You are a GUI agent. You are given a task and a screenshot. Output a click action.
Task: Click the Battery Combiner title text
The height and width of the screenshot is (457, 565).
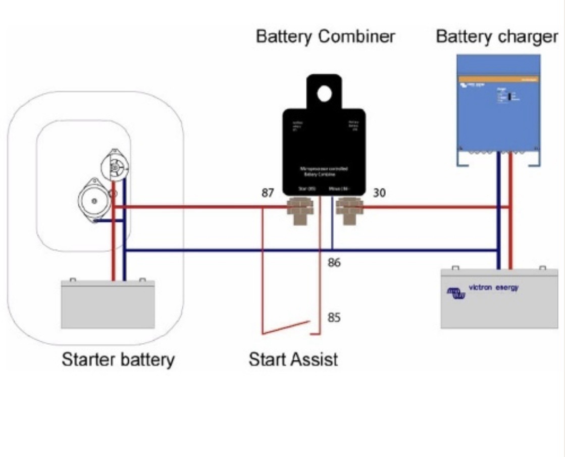coord(325,37)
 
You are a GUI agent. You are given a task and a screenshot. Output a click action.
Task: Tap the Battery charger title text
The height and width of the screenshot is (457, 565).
coord(497,37)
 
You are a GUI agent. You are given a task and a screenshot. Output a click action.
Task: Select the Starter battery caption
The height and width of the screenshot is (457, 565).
coord(118,359)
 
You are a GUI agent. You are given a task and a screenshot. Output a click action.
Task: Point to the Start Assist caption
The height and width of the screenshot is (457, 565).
coord(293,359)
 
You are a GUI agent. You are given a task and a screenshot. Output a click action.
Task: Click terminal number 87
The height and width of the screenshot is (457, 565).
coord(268,193)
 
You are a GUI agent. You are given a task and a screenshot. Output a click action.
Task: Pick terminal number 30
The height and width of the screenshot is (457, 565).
coord(380,193)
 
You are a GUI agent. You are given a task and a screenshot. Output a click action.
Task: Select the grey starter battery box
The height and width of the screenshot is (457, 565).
coord(108,304)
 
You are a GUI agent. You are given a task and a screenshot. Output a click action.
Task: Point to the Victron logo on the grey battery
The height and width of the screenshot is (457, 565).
coord(455,293)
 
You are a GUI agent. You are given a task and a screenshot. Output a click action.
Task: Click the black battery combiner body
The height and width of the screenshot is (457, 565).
coord(324,152)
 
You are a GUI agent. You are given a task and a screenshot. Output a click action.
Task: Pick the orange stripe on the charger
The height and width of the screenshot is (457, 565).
coord(498,79)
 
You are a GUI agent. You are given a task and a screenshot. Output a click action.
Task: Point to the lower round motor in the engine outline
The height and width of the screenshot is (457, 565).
coord(93,200)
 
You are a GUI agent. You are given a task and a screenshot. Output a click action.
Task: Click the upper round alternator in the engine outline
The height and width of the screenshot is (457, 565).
coord(115,166)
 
